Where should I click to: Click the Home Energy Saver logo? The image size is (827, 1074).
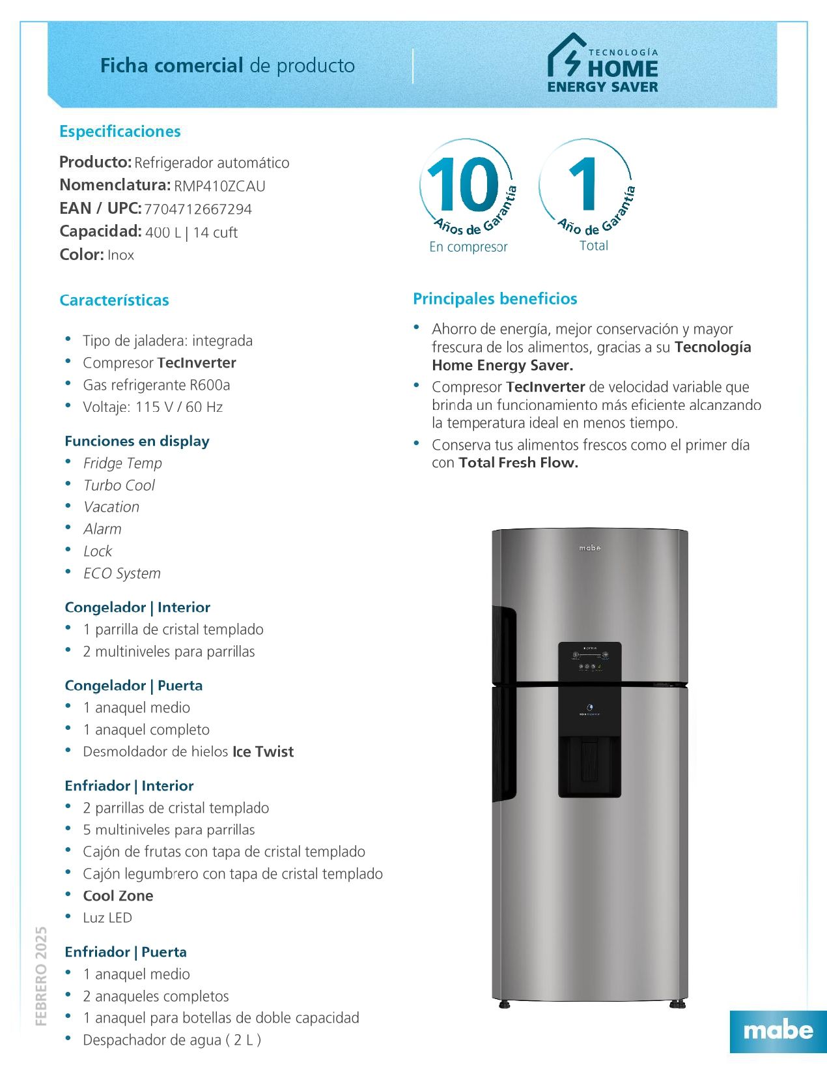602,64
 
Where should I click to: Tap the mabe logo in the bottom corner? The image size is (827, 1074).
778,1030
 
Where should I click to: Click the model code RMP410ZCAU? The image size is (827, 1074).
219,186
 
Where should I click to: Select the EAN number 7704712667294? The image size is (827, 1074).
198,209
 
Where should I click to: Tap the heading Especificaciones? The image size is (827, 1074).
120,132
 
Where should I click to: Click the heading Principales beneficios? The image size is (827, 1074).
495,299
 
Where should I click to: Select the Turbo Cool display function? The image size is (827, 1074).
119,486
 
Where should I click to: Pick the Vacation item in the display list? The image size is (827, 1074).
111,507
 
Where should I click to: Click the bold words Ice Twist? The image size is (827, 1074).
263,752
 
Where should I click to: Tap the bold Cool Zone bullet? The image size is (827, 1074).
118,896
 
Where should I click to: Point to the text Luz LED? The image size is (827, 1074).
107,918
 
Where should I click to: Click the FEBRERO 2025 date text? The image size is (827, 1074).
41,976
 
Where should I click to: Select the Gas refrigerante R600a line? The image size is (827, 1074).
156,385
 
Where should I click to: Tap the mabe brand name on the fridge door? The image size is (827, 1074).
590,548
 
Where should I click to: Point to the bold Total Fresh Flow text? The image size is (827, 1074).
518,463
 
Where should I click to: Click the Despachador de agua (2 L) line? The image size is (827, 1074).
172,1040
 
